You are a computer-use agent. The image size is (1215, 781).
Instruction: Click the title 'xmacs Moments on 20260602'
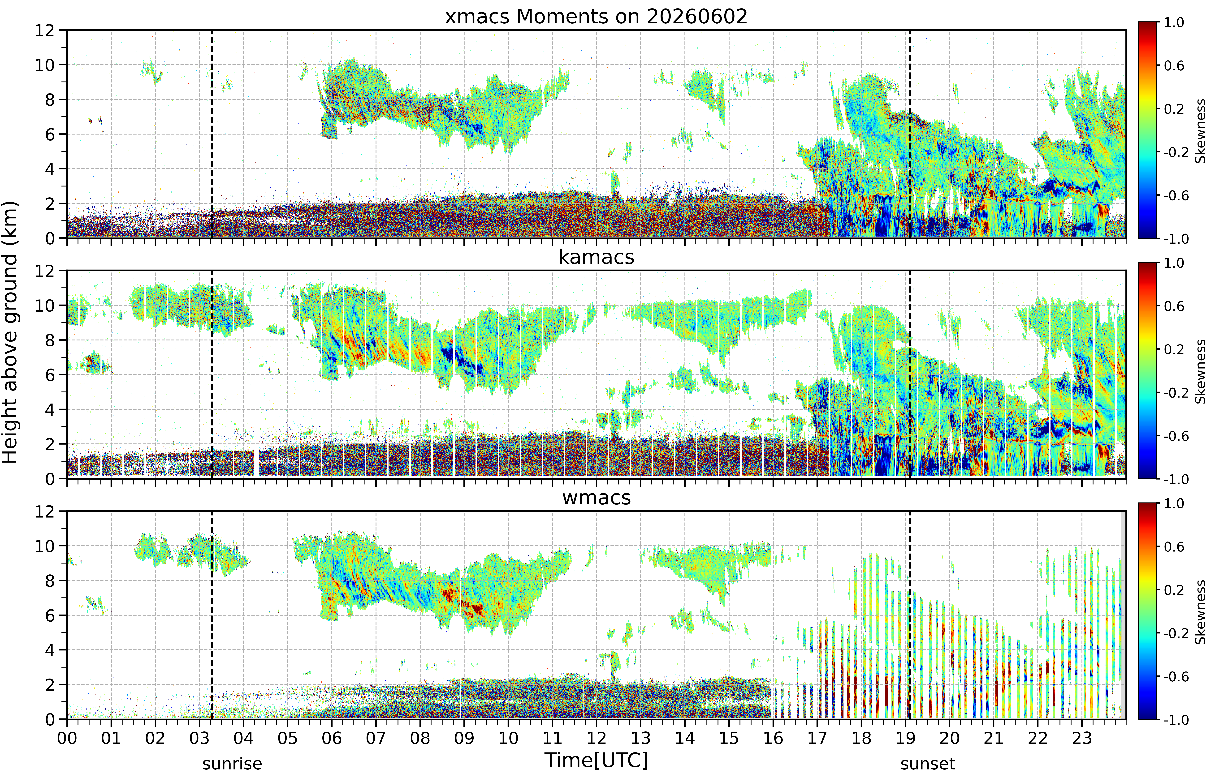596,17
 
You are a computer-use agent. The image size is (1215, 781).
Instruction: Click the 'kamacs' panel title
596,257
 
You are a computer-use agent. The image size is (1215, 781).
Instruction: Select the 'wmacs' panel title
596,497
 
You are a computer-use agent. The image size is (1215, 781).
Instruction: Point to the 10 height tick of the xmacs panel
45,65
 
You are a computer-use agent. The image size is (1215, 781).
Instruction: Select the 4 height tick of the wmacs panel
50,650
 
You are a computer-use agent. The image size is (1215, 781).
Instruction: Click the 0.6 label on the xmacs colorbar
1174,65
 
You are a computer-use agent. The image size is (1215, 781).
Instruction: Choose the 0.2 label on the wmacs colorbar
1174,590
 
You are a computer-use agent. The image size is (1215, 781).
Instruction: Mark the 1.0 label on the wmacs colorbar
1174,504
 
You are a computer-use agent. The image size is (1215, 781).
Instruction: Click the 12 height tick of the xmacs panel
45,30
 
